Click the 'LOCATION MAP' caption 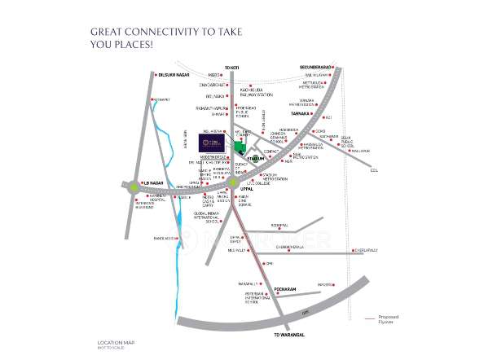(x=112, y=341)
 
